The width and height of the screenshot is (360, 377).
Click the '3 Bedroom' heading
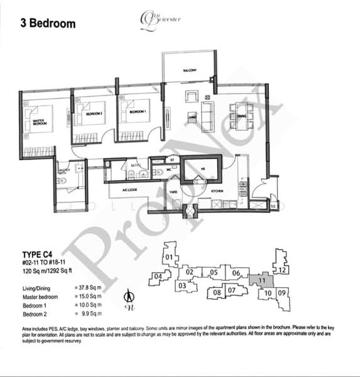point(47,24)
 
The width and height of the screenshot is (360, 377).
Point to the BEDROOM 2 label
point(94,113)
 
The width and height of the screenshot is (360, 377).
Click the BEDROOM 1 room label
point(138,111)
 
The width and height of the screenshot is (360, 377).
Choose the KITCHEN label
point(217,190)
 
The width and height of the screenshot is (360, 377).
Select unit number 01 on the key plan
point(168,257)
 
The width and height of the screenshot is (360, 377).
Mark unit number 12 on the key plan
point(283,270)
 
